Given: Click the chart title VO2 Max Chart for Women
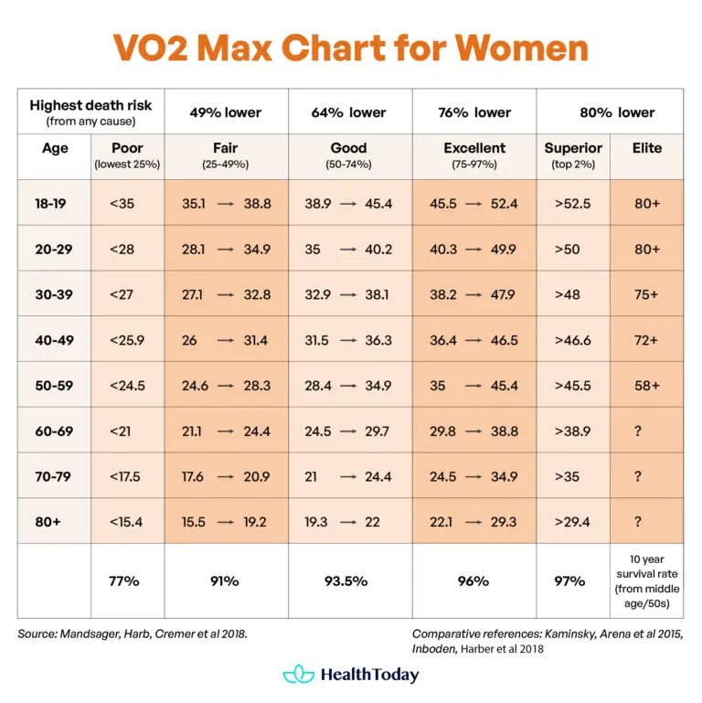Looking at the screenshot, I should pos(351,47).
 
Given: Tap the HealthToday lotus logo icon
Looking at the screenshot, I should pos(298,676).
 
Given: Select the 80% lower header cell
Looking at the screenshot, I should pos(617,112).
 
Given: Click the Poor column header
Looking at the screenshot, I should pos(127,148).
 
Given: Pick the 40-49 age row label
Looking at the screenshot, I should pos(54,340).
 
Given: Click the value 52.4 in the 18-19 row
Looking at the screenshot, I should pos(503,204).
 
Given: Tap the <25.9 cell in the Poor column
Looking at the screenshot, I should pos(126,340).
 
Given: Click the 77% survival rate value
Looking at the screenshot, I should pos(126,581).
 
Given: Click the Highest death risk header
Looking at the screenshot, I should pos(90,106).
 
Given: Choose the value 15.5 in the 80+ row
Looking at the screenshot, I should pos(194,522).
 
